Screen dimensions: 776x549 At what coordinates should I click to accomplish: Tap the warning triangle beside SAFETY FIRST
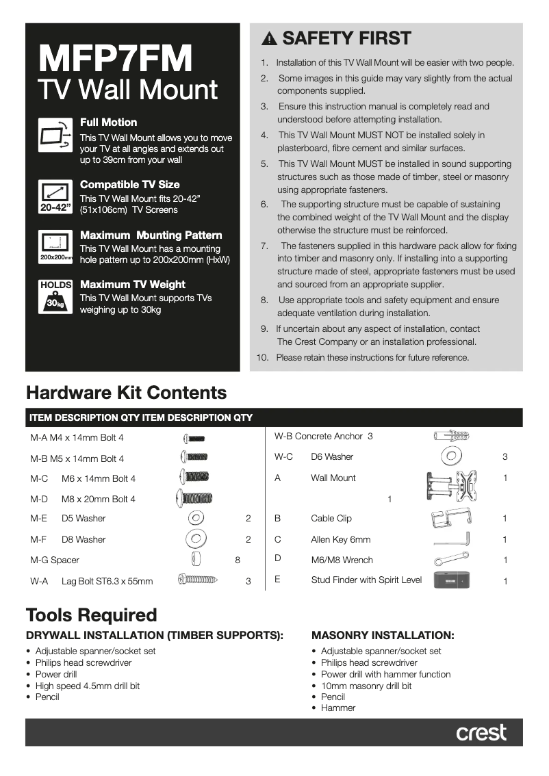(270, 38)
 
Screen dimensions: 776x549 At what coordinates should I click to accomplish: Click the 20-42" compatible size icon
(55, 196)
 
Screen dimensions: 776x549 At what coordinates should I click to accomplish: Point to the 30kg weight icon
(55, 296)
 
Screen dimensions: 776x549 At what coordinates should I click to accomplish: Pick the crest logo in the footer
(481, 732)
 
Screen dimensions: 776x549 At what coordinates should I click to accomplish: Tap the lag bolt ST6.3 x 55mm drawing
(198, 580)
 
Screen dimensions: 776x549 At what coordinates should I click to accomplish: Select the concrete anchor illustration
(451, 435)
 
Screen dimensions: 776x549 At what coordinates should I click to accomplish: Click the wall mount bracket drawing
(451, 486)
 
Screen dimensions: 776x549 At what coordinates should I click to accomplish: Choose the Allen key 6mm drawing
(452, 539)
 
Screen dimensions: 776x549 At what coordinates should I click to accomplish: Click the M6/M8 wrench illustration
(451, 560)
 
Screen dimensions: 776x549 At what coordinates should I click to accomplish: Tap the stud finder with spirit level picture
(451, 580)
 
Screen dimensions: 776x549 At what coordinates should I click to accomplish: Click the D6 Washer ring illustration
(451, 456)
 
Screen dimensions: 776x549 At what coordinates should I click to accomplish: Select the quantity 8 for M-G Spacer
(238, 560)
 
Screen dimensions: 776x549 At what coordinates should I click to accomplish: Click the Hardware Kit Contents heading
(126, 393)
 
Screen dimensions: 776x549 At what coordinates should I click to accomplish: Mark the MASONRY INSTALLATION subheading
(383, 635)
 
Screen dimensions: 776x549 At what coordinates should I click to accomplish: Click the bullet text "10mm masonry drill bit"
(366, 686)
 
